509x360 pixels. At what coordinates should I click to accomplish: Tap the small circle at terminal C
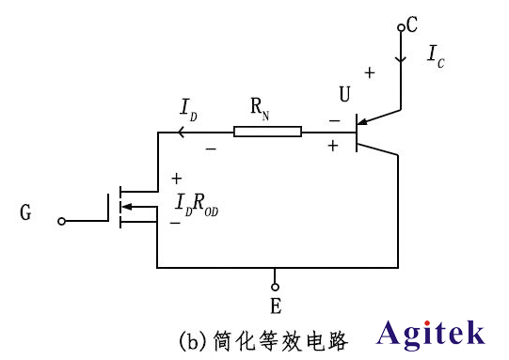[x=401, y=28]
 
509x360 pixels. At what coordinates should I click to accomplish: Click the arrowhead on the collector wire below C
[x=401, y=58]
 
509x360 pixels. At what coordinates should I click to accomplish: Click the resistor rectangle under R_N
[x=268, y=132]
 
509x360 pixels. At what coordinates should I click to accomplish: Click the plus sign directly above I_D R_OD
[x=176, y=179]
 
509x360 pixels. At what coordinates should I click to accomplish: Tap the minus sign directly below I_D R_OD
[x=175, y=224]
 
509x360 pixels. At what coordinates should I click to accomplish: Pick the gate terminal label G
[x=24, y=213]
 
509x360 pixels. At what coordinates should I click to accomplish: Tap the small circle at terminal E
[x=275, y=287]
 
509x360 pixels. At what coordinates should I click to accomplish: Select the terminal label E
[x=275, y=307]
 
